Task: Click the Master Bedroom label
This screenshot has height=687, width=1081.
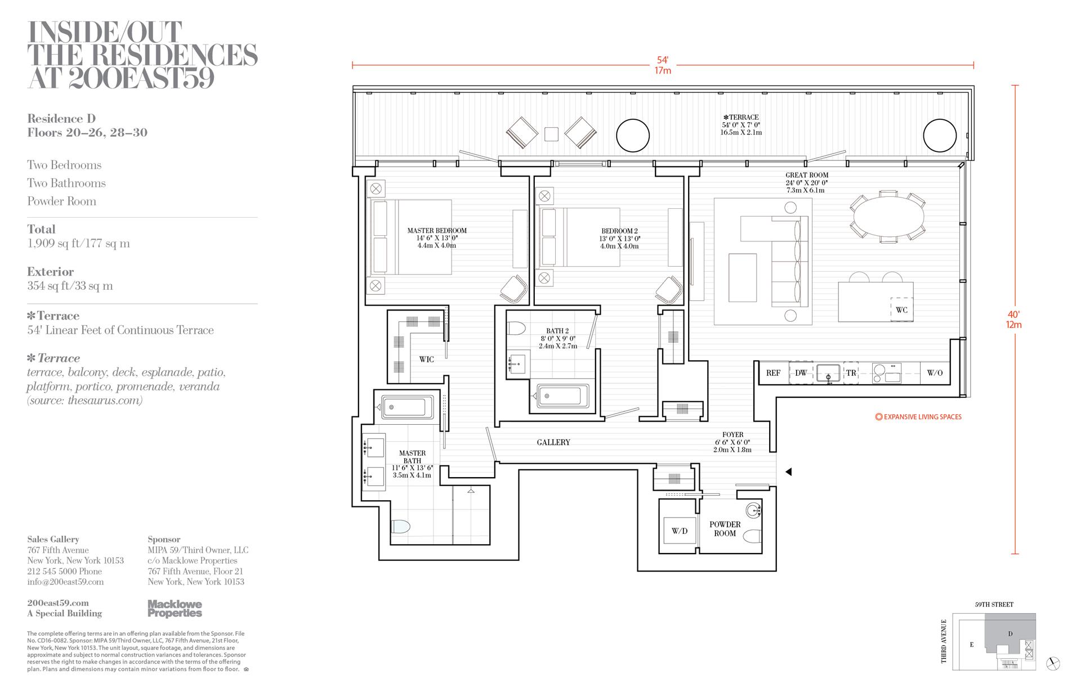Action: tap(437, 231)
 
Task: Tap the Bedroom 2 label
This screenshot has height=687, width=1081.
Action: tap(619, 231)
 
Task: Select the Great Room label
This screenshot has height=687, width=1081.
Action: tap(807, 176)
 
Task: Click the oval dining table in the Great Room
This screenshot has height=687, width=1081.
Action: tap(889, 217)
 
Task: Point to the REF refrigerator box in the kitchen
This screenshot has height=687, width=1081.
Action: tap(773, 373)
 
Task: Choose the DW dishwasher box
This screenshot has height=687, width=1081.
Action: tap(801, 373)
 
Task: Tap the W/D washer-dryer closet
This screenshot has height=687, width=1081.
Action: tap(679, 531)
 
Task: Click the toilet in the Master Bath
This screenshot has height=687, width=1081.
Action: tap(400, 527)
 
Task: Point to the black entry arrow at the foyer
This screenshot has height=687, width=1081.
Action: tap(789, 472)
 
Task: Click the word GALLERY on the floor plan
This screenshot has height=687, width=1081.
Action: tap(553, 443)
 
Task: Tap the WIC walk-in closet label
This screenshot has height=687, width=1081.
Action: tap(426, 360)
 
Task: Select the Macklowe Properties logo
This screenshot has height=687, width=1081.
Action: tap(175, 609)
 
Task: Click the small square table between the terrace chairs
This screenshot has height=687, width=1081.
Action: tap(552, 134)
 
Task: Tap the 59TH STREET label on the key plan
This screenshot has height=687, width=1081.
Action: tap(994, 605)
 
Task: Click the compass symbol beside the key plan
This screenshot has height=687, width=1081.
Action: tap(1053, 663)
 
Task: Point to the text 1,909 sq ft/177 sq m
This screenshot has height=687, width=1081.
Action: tap(78, 244)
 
